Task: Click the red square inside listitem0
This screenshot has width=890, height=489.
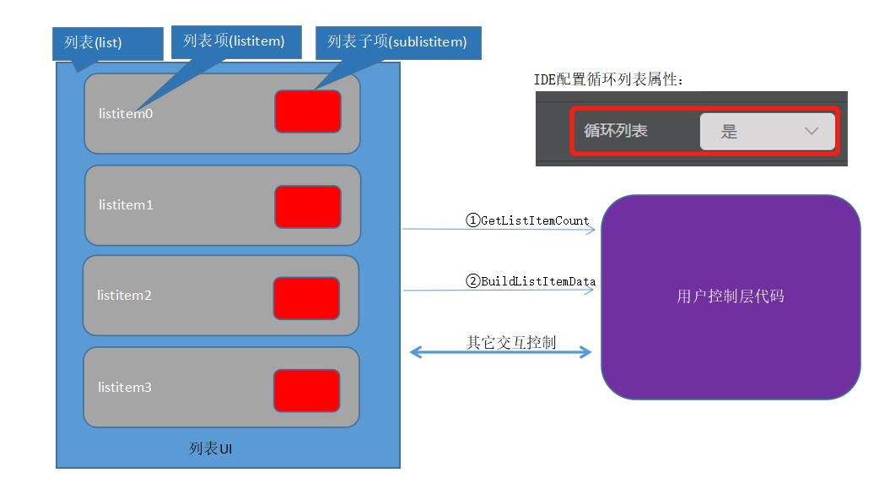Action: pyautogui.click(x=308, y=111)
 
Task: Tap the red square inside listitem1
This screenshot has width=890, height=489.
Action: pyautogui.click(x=308, y=207)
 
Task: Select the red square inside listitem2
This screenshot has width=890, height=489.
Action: pyautogui.click(x=306, y=298)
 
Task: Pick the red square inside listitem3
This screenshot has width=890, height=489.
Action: pyautogui.click(x=306, y=390)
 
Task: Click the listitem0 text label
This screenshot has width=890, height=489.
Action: pyautogui.click(x=126, y=113)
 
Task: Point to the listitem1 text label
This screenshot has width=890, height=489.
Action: pyautogui.click(x=126, y=204)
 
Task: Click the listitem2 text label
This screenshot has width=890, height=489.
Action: pyautogui.click(x=124, y=296)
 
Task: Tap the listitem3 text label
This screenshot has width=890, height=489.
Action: pyautogui.click(x=125, y=387)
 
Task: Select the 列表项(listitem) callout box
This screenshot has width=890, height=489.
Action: pyautogui.click(x=234, y=41)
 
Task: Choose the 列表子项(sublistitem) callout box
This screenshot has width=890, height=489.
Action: pyautogui.click(x=397, y=41)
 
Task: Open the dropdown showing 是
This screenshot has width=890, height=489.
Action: pyautogui.click(x=767, y=132)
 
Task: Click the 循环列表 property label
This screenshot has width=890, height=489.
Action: pyautogui.click(x=616, y=132)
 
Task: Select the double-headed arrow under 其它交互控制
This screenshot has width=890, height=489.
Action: pyautogui.click(x=501, y=352)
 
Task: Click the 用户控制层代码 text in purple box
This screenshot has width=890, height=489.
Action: pyautogui.click(x=730, y=296)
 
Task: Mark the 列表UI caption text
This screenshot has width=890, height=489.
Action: pyautogui.click(x=211, y=448)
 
